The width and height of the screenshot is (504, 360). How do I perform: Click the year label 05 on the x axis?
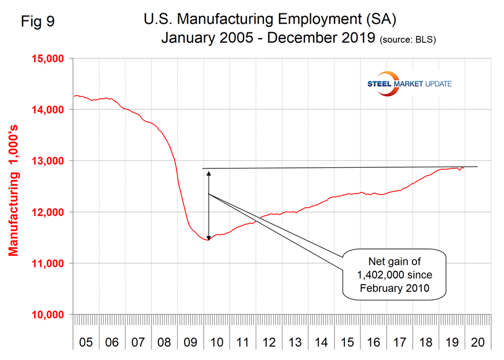[86, 341]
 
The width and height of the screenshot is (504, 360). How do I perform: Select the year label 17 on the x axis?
[399, 341]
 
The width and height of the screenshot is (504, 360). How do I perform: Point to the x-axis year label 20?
[478, 341]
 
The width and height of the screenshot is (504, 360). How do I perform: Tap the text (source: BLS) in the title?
[408, 41]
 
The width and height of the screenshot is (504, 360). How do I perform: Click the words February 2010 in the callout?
[394, 288]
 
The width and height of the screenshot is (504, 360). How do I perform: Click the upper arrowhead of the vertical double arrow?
[208, 173]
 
